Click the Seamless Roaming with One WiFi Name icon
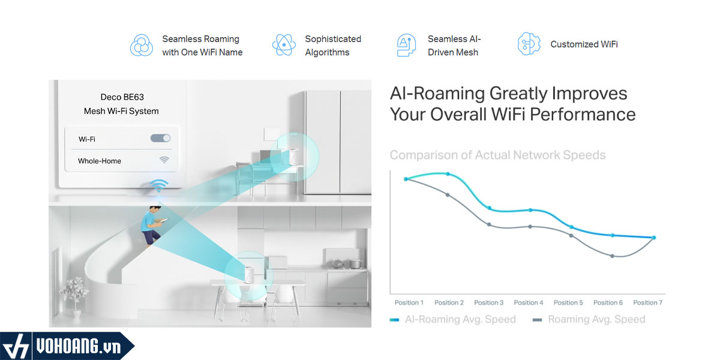(142, 46)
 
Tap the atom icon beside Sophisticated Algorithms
(284, 45)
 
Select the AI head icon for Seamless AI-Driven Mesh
(406, 45)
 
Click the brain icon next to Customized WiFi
(529, 44)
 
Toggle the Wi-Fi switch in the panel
(160, 138)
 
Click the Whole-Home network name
(100, 161)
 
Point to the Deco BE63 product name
(122, 97)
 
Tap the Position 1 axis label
(409, 302)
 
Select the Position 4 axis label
(529, 302)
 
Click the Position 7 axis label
(647, 302)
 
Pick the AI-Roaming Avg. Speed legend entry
(452, 319)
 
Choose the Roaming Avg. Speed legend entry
(589, 319)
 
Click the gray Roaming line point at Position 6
(613, 256)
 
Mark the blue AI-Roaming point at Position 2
(448, 174)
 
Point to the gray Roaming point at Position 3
(489, 224)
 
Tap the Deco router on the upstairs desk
(294, 157)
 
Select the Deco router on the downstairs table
(249, 275)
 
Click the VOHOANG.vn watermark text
(79, 347)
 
